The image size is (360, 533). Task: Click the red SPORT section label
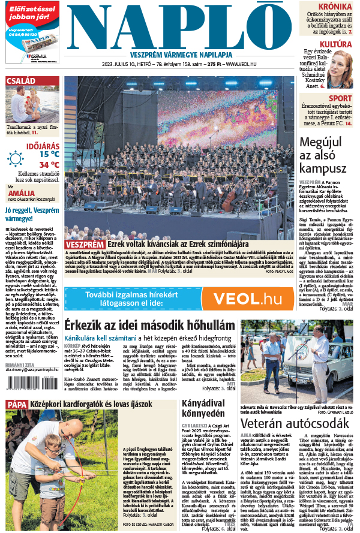pyautogui.click(x=340, y=98)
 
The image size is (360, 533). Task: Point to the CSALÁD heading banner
pyautogui.click(x=21, y=81)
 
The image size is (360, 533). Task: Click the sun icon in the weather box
pyautogui.click(x=15, y=159)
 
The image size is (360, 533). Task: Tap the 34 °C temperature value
pyautogui.click(x=49, y=164)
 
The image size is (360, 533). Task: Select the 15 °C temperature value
pyautogui.click(x=49, y=153)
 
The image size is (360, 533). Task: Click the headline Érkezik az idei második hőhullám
pyautogui.click(x=149, y=324)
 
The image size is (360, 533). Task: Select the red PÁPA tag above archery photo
pyautogui.click(x=16, y=404)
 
